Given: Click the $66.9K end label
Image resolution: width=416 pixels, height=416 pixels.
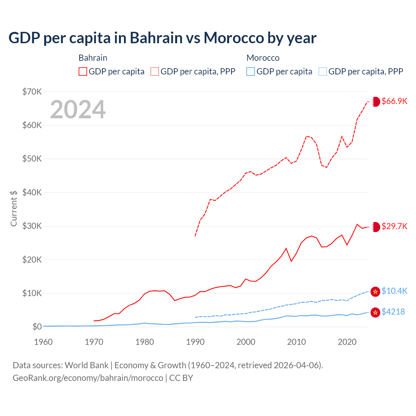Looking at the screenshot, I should tap(394, 101).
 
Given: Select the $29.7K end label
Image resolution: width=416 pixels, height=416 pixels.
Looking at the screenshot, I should tap(394, 226).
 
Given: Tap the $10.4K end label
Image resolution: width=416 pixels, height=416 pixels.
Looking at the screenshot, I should tap(394, 291).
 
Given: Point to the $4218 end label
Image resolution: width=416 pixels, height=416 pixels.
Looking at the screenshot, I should tap(393, 312).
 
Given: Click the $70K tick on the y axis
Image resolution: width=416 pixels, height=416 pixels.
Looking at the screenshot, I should tap(32, 92).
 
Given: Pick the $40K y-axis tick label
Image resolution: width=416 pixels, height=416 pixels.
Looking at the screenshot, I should tap(32, 192).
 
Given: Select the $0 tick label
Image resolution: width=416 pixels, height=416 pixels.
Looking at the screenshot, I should tap(37, 327).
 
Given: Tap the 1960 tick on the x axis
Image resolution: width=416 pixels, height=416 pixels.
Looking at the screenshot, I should tap(43, 342).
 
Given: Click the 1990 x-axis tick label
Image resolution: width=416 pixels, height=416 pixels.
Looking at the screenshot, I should tap(195, 342).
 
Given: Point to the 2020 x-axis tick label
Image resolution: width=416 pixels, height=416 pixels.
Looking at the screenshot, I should tap(347, 342).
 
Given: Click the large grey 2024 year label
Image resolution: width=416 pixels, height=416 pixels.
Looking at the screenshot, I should tap(78, 110).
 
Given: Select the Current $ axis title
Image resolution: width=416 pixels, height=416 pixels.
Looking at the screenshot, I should tap(14, 208).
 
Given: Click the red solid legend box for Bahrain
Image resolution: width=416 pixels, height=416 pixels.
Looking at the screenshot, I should tap(83, 71).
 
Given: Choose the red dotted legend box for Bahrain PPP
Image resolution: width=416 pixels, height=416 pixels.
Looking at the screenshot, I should tap(155, 71).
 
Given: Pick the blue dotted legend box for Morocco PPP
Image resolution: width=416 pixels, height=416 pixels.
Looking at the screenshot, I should tap(323, 71).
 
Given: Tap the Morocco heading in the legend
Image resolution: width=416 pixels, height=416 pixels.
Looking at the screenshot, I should tap(263, 58).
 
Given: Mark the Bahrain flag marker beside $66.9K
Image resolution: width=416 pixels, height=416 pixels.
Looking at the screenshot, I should tap(376, 101).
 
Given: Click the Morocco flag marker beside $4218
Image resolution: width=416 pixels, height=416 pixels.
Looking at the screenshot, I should tap(375, 312).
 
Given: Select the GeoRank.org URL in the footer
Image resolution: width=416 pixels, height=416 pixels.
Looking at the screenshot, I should tap(88, 378).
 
